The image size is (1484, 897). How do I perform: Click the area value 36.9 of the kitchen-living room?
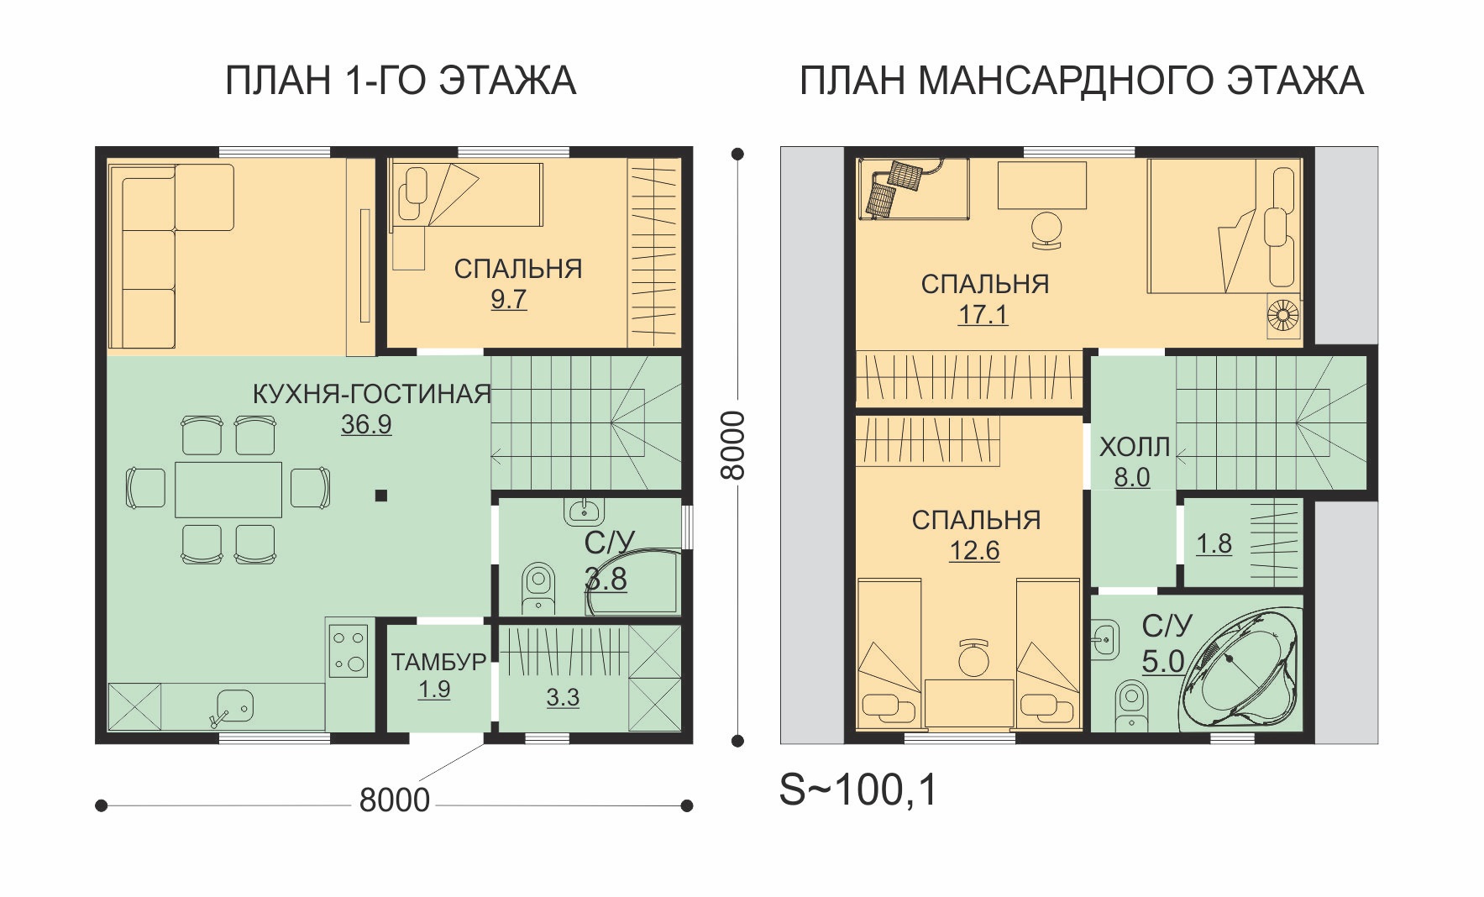(x=366, y=425)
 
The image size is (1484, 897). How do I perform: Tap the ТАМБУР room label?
(x=438, y=662)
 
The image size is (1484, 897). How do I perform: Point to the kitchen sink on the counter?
(x=230, y=706)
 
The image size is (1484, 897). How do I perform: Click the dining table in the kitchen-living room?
(x=228, y=489)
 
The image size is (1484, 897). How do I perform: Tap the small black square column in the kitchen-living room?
(x=381, y=496)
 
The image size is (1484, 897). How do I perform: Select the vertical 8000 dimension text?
(x=733, y=445)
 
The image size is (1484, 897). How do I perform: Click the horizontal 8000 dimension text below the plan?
(x=394, y=800)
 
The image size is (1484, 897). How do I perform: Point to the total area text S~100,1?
(x=858, y=789)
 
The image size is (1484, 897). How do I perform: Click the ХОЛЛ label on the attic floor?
(x=1135, y=447)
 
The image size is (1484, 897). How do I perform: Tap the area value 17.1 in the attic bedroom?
(x=983, y=315)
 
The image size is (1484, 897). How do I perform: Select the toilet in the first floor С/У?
(x=537, y=586)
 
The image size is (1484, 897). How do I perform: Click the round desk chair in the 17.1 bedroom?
(x=1046, y=228)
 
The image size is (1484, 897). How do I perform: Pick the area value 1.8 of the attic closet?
(x=1214, y=544)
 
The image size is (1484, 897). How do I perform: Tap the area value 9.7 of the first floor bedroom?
(x=509, y=299)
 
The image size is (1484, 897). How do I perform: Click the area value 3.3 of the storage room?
(x=563, y=697)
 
